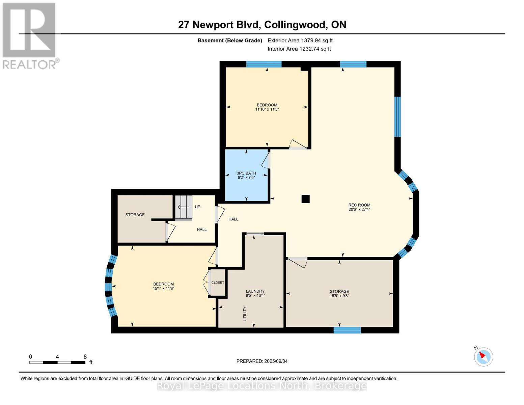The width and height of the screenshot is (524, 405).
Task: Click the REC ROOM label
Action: pos(359,205)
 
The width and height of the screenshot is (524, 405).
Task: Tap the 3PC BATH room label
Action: pos(246,173)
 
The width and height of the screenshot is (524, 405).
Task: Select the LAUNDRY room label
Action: pos(255,291)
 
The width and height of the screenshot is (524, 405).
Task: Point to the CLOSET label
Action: pos(218,282)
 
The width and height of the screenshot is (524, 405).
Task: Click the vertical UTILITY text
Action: pos(245,314)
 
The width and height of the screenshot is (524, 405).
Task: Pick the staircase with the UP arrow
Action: pos(184,208)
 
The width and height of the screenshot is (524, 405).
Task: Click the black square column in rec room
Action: pos(305,199)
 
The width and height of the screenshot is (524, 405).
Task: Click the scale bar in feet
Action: pos(57,362)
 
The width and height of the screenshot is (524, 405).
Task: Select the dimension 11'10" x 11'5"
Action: pos(267,109)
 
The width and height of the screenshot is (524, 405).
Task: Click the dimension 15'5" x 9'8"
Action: pos(339,296)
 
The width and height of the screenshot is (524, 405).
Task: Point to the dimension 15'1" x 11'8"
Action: pos(164,288)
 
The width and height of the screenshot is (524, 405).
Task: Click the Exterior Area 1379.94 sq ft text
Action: pos(300,40)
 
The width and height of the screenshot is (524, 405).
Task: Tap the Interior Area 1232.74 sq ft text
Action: pos(299,49)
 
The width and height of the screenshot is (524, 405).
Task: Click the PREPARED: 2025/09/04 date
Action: pos(262,361)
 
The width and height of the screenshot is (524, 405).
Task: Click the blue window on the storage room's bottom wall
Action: pos(347,330)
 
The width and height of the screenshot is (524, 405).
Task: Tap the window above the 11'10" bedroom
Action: pos(264,64)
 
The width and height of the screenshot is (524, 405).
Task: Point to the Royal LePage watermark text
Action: pos(262,386)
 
